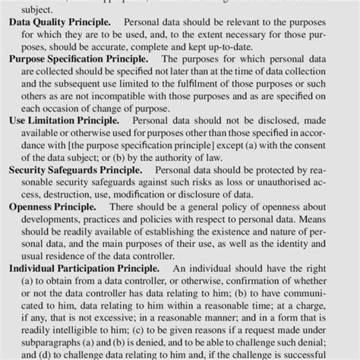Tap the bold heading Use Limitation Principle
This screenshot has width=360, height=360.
65,119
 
